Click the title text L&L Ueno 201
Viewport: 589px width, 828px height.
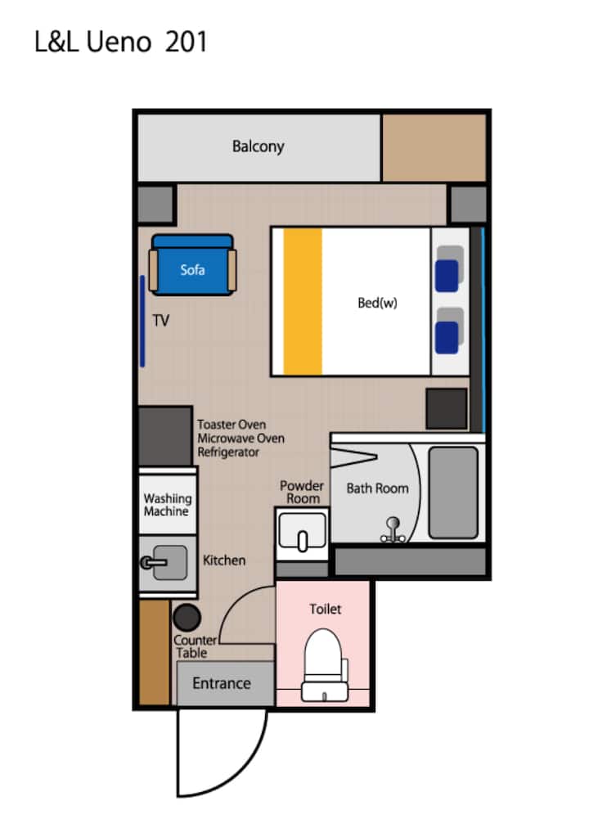coord(121,42)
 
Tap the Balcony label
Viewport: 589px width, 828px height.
coord(258,146)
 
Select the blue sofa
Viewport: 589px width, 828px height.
coord(192,265)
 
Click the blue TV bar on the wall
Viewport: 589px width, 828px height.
coord(142,321)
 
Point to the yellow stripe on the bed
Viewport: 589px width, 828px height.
coord(303,302)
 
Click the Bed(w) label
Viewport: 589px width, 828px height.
coord(377,303)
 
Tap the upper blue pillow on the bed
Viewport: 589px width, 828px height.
coord(447,276)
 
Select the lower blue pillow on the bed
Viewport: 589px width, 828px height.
coord(447,337)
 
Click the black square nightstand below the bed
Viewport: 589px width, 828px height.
coord(447,409)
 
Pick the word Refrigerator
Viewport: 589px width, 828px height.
coord(228,452)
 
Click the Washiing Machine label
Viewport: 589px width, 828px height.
coord(168,505)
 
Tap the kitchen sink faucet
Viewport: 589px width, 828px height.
coord(153,562)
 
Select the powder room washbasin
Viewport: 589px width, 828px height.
coord(303,532)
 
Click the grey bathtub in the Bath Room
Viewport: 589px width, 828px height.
coord(453,493)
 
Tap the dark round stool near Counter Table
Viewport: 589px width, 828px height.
coord(187,617)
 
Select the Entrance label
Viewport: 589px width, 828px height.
coord(222,683)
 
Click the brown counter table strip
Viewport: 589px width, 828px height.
coord(154,652)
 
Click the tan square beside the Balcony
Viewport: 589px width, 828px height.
coord(434,148)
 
